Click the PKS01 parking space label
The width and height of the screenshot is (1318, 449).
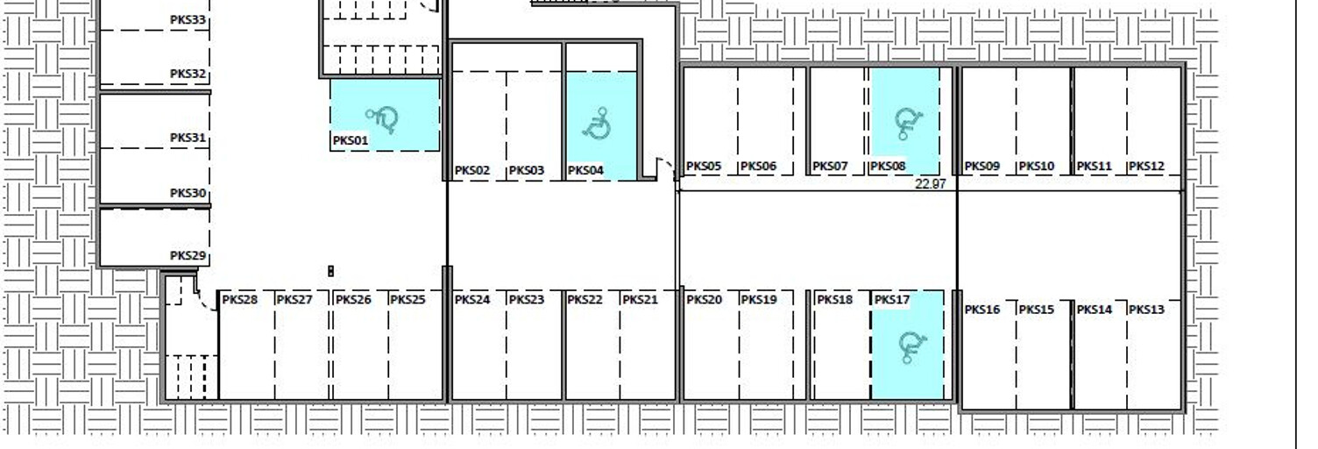pos(351,140)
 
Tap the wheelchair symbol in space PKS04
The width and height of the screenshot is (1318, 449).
pos(598,124)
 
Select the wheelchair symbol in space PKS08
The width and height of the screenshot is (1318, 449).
pos(908,124)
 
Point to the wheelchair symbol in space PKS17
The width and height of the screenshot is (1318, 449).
pos(912,347)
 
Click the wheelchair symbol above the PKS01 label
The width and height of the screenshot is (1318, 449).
pos(382,119)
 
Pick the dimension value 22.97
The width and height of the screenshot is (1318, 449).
pos(931,184)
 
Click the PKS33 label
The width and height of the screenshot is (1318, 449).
pos(188,20)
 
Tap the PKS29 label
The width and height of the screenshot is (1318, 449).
pos(188,256)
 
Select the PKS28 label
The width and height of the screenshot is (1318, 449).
pos(240,300)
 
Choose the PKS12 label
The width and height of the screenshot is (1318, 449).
pos(1146,167)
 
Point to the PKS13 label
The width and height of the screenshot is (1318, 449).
pos(1146,310)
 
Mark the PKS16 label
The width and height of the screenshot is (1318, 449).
pos(982,310)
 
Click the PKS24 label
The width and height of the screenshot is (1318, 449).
pos(471,300)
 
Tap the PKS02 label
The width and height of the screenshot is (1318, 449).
pos(471,171)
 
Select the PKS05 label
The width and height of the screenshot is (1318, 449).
pos(704,167)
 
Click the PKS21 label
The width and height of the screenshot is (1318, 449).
pos(641,300)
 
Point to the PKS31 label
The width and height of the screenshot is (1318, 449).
pos(188,138)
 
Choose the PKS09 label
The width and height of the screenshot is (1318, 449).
pos(982,167)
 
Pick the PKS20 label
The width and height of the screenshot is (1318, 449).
pos(704,300)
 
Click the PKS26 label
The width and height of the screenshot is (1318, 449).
pos(353,300)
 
